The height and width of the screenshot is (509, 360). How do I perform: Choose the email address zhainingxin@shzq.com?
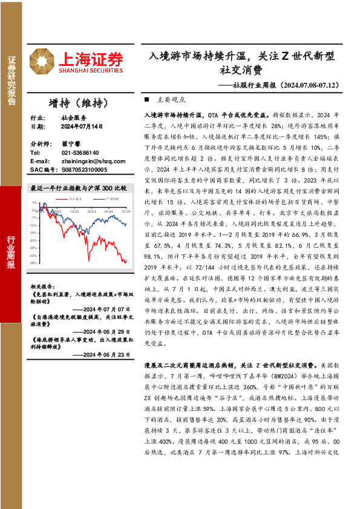[x=91, y=162]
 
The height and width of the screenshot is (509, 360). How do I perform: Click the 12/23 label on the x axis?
[x=74, y=211]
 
